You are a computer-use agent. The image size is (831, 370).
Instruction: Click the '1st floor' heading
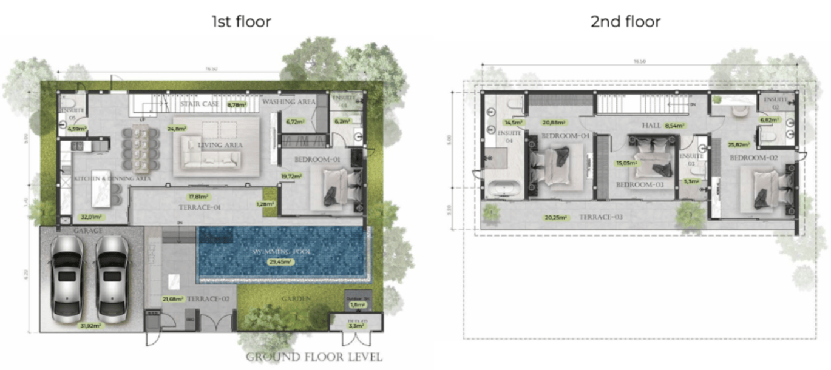pyautogui.click(x=241, y=22)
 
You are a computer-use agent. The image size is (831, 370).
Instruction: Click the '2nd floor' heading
pyautogui.click(x=625, y=22)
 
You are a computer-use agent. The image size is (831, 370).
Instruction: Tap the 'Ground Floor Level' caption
pyautogui.click(x=314, y=357)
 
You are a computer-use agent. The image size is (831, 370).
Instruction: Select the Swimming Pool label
pyautogui.click(x=282, y=252)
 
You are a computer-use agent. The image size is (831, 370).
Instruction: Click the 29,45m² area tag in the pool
pyautogui.click(x=281, y=262)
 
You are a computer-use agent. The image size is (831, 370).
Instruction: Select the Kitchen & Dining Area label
pyautogui.click(x=113, y=179)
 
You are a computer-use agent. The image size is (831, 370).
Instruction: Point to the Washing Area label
pyautogui.click(x=289, y=102)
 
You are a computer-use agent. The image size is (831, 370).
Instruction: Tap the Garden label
pyautogui.click(x=296, y=299)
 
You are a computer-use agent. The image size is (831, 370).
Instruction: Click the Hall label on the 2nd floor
pyautogui.click(x=653, y=126)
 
